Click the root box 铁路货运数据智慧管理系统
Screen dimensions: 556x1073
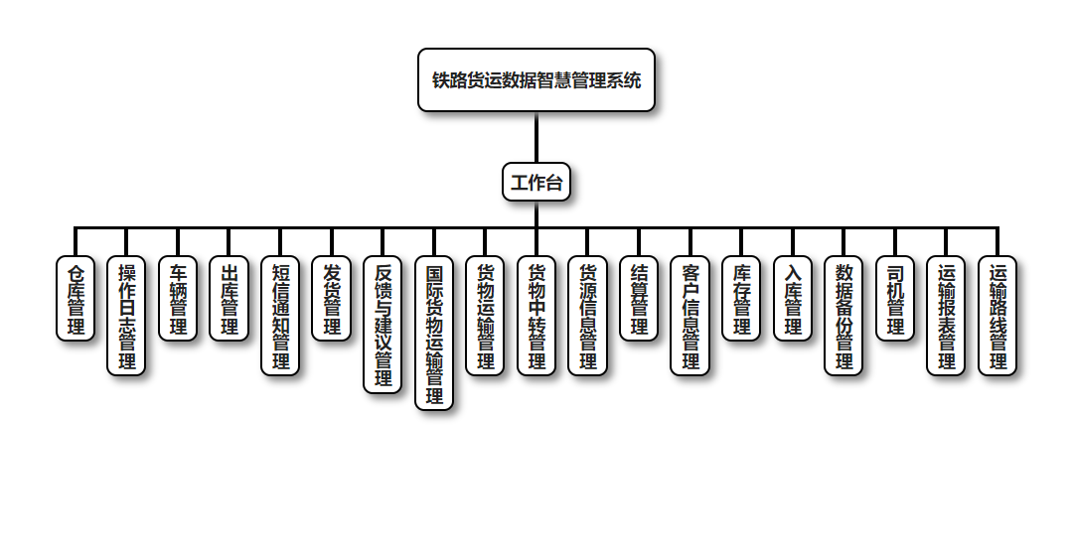coord(536,80)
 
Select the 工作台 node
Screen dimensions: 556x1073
coord(536,182)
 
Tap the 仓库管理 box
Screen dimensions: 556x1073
coord(76,299)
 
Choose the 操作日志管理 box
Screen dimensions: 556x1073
coord(127,316)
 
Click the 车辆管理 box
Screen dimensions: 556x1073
coord(179,299)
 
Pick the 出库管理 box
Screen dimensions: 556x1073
coord(230,299)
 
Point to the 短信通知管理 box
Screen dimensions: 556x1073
coord(281,316)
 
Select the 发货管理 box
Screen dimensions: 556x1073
coord(332,299)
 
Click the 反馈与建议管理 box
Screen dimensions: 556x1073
coord(383,325)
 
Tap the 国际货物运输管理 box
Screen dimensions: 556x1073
coord(434,333)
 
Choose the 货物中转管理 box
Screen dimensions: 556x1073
coord(536,316)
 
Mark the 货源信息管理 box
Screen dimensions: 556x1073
coord(588,316)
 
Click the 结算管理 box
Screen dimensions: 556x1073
coord(639,299)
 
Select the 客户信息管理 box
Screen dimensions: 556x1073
coord(690,316)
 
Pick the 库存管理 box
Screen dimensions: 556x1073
coord(741,299)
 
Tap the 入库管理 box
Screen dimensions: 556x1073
coord(793,299)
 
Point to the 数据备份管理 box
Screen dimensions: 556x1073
coord(844,316)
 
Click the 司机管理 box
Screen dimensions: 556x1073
coord(895,299)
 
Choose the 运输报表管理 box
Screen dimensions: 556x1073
coord(947,316)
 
